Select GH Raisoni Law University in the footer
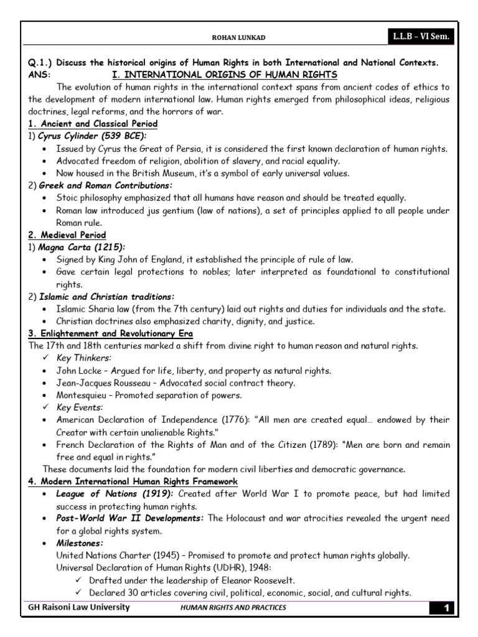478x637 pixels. (x=78, y=608)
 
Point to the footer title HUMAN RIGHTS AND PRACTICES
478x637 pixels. (x=233, y=608)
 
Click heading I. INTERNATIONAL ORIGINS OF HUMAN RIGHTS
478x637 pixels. (x=223, y=75)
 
